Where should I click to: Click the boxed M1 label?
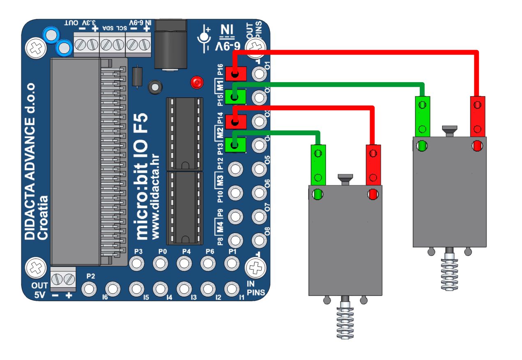220,86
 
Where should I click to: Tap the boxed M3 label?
220,180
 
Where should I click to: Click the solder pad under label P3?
136,263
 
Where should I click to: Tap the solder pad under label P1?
232,263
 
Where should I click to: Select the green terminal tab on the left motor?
317,164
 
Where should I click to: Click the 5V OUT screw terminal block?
63,279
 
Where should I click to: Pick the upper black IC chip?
184,134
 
